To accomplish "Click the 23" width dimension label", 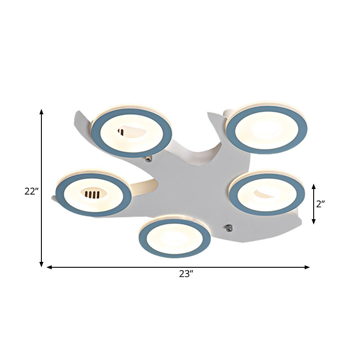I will (x=185, y=274).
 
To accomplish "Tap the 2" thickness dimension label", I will (x=320, y=204).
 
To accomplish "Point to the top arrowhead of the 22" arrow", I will (x=41, y=112).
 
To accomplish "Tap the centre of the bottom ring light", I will (x=175, y=237).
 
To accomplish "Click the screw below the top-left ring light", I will (x=148, y=158).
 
